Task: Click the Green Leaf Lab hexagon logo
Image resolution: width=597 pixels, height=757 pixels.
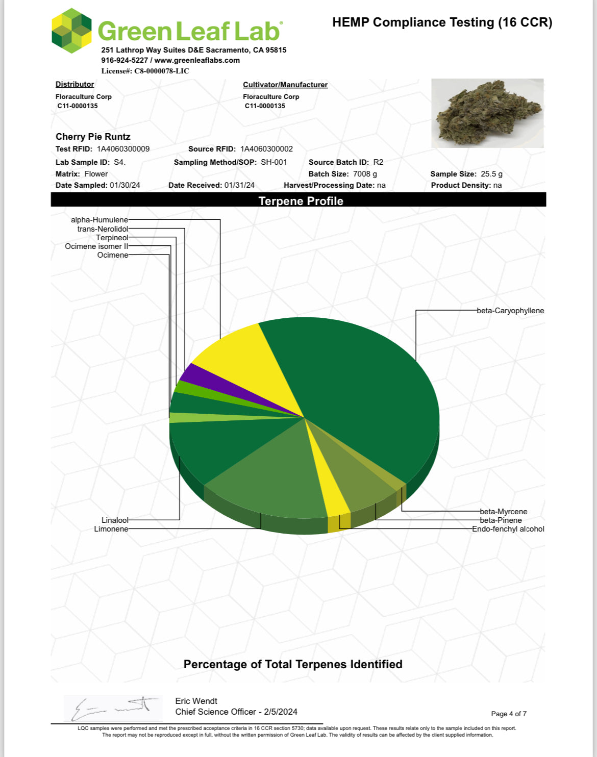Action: [x=71, y=31]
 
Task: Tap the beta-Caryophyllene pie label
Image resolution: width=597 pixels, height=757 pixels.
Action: [x=510, y=311]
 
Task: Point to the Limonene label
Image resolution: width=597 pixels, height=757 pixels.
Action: [x=111, y=529]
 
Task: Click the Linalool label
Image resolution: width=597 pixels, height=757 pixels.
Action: [x=115, y=520]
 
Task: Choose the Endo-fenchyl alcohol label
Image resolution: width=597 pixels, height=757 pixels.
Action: [x=508, y=529]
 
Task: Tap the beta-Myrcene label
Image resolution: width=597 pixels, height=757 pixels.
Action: [x=504, y=512]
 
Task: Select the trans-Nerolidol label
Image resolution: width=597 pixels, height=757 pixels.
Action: [x=103, y=229]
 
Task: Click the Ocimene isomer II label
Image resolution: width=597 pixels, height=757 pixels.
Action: [x=96, y=246]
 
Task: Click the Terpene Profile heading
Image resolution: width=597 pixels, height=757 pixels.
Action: [x=301, y=201]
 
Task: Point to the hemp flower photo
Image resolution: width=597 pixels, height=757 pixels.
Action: [x=487, y=113]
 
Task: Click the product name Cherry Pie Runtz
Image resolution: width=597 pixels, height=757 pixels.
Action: [x=93, y=137]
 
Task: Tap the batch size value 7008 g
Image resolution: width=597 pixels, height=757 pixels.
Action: [x=365, y=174]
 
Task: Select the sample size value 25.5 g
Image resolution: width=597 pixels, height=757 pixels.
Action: [x=491, y=174]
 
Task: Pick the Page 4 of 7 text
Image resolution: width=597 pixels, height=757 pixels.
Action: [x=509, y=714]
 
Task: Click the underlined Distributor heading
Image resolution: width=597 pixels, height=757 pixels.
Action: [x=74, y=84]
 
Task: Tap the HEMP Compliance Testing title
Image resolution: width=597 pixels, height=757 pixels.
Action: [x=442, y=22]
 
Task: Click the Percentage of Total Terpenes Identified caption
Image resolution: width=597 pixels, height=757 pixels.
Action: [x=293, y=664]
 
